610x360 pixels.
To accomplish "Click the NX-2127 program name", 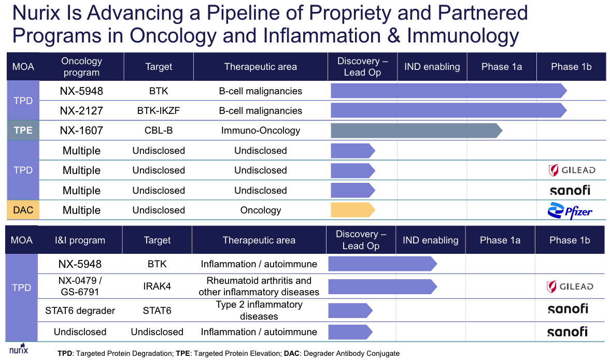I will click(x=81, y=111).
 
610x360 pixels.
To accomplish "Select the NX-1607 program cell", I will click(x=81, y=131).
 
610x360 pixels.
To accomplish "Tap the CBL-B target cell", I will click(x=159, y=131).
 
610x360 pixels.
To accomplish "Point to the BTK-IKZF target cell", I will click(x=159, y=111).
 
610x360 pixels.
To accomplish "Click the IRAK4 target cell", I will click(x=157, y=286).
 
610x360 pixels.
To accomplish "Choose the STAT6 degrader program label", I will click(x=80, y=311).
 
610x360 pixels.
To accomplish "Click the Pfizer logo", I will click(x=570, y=211).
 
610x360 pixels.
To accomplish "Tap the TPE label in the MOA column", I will click(x=23, y=131).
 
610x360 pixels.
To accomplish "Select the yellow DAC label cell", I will click(x=23, y=210).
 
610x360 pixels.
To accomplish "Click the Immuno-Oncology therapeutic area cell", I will click(x=260, y=131).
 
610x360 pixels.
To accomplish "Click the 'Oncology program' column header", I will click(x=81, y=66).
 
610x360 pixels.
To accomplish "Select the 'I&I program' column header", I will click(x=80, y=240).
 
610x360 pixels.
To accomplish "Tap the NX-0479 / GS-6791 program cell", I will click(x=80, y=286).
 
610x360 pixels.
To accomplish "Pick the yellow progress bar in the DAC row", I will click(x=352, y=210).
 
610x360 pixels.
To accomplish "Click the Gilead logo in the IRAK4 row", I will click(x=570, y=286).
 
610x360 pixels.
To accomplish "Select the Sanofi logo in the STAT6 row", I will click(x=568, y=309).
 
